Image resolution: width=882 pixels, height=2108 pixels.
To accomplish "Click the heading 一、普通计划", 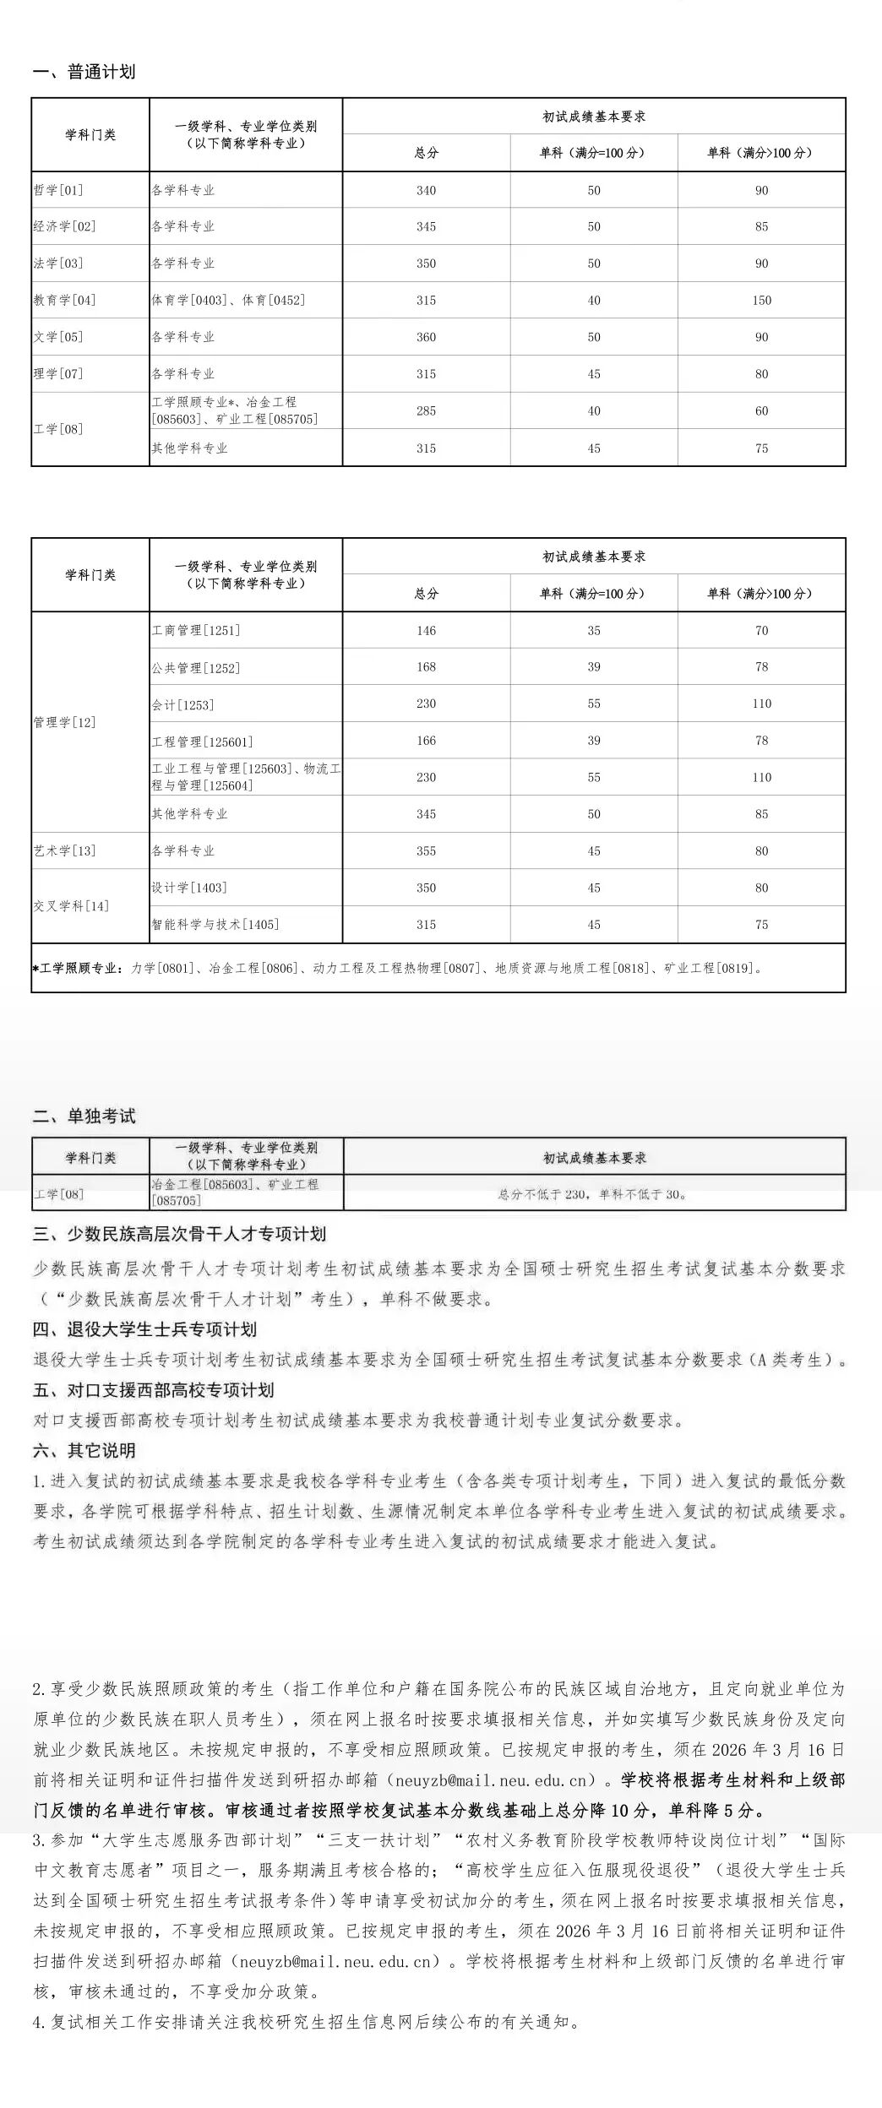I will [x=84, y=72].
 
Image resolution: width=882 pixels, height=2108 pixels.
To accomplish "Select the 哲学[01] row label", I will [x=58, y=190].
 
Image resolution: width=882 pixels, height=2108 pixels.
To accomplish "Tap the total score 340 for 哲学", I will [x=426, y=190].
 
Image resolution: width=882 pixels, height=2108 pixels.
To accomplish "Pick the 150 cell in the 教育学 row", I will [x=761, y=300].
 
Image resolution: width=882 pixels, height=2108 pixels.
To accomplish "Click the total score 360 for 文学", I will [x=426, y=337].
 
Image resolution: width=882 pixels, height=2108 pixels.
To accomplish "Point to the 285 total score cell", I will [x=426, y=410].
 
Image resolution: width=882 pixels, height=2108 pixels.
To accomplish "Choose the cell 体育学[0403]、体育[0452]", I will [x=228, y=300].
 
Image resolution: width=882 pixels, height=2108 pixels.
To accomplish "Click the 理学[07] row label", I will [x=58, y=373].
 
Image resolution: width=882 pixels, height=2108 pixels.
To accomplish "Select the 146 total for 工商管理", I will [x=426, y=630].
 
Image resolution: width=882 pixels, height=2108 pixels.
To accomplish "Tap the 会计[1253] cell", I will [x=182, y=704].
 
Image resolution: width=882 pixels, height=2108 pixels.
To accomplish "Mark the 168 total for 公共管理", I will [x=426, y=667].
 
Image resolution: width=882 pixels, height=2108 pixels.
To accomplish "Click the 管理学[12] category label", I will [x=64, y=722].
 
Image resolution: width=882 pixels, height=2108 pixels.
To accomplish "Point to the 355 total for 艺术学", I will [x=426, y=850].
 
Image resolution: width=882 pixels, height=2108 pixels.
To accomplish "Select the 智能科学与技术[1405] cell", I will [x=215, y=924].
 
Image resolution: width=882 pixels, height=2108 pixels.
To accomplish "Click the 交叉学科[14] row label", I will [x=71, y=906].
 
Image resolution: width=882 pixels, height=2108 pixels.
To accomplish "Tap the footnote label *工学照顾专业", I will [x=78, y=968].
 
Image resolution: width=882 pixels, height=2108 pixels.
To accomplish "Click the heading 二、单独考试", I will [x=84, y=1116].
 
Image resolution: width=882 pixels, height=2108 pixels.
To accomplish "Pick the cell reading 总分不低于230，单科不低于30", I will [x=593, y=1194].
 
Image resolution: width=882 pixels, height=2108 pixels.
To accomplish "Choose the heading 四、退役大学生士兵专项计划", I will [x=144, y=1329].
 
